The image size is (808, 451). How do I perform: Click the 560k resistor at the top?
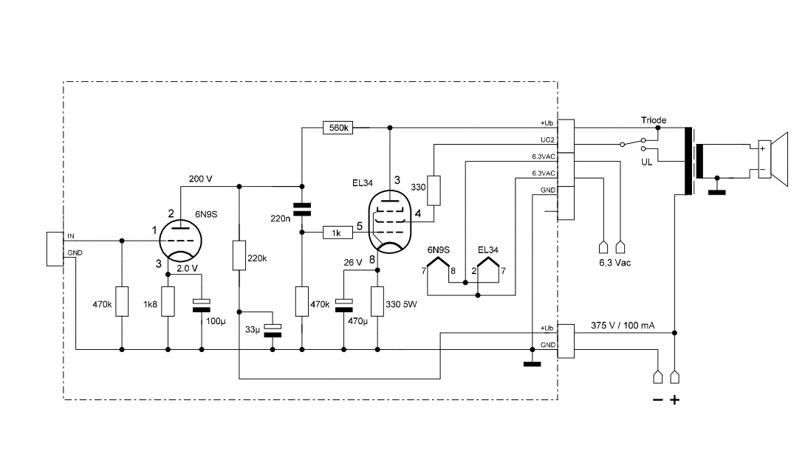[x=338, y=128]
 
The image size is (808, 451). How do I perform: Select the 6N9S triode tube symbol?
[x=180, y=240]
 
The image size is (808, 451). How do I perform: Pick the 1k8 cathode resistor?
[x=168, y=302]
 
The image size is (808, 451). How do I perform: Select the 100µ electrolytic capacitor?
[x=202, y=304]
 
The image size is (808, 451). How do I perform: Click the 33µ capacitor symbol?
[x=273, y=329]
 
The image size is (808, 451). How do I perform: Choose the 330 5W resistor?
[x=378, y=302]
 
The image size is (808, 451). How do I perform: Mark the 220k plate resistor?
[x=239, y=256]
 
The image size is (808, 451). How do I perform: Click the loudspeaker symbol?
[x=772, y=157]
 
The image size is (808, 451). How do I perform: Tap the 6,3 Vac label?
[x=613, y=262]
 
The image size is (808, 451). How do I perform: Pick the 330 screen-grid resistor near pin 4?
[x=434, y=190]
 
